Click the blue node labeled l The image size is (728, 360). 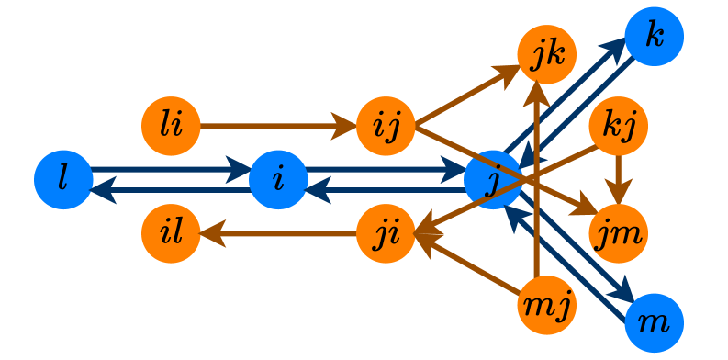[x=63, y=179]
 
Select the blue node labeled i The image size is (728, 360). [x=278, y=179]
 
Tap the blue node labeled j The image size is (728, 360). [x=493, y=179]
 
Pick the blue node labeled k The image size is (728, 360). [x=654, y=37]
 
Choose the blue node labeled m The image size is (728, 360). [x=654, y=322]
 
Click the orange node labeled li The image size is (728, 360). [x=171, y=125]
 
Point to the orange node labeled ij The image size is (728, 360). [x=386, y=125]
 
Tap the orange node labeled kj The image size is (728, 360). [x=618, y=125]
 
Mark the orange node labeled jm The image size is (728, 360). [x=618, y=233]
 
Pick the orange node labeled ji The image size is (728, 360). [x=386, y=233]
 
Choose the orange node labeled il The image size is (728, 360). [x=171, y=233]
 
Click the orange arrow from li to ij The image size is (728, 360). [x=275, y=125]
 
